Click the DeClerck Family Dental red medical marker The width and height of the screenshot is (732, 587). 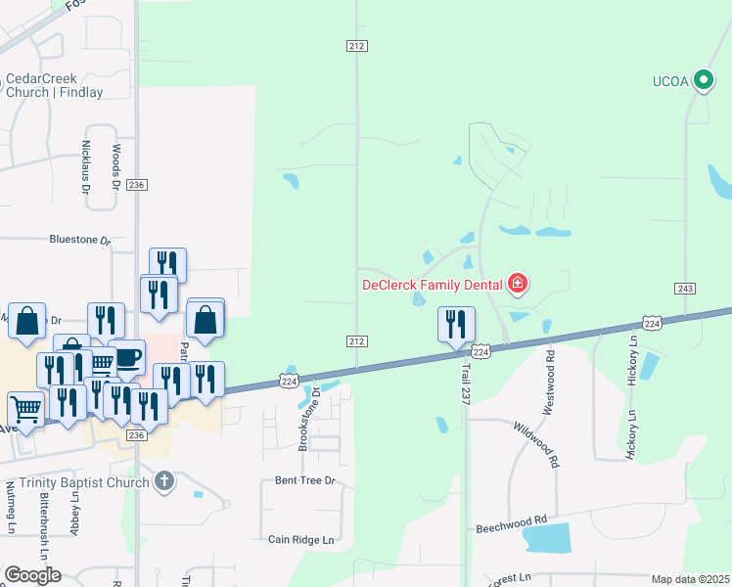click(x=518, y=285)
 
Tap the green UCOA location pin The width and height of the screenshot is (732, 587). click(x=702, y=80)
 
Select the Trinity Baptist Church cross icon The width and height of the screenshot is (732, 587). click(x=164, y=480)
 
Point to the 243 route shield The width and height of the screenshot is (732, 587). click(x=685, y=288)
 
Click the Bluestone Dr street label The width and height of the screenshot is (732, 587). click(x=80, y=239)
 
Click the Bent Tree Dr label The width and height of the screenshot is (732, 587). click(x=304, y=480)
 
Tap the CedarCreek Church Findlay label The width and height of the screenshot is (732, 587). click(x=54, y=86)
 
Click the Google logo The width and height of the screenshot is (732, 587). click(x=32, y=575)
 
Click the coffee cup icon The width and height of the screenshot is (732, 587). click(x=128, y=355)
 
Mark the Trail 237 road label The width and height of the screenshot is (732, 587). click(x=467, y=381)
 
